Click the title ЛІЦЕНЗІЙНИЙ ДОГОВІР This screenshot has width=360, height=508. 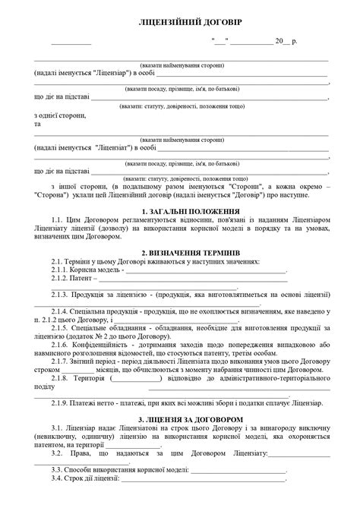[x=180, y=21]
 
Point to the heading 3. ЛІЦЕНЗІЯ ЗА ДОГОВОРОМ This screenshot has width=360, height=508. [x=180, y=418]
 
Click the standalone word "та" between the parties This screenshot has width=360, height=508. [x=38, y=122]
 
